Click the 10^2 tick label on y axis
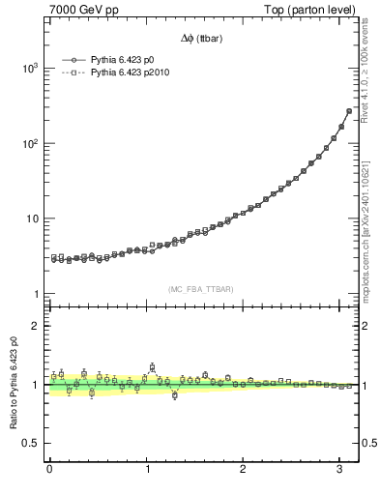point(29,143)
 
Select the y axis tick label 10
point(32,218)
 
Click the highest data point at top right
point(349,111)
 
